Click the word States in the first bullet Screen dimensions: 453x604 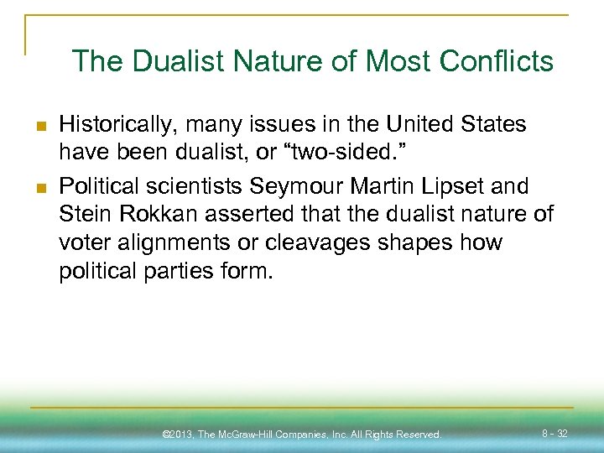pyautogui.click(x=492, y=125)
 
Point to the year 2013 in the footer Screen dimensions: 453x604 pyautogui.click(x=184, y=435)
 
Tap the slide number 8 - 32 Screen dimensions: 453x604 pyautogui.click(x=555, y=434)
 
